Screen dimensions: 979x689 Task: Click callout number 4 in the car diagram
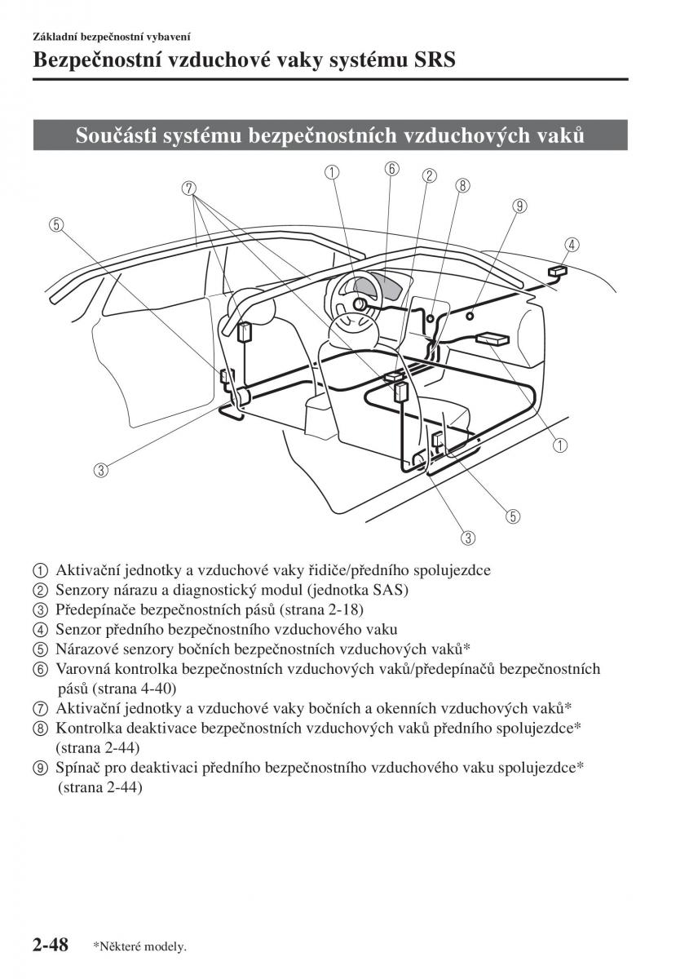tap(572, 244)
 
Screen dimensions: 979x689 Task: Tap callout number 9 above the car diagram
tap(519, 206)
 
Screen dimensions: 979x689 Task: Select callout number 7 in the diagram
tap(190, 188)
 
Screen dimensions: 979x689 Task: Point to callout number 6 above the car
tap(392, 169)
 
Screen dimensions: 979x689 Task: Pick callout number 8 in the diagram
tap(462, 185)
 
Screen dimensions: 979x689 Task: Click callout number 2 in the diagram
tap(429, 175)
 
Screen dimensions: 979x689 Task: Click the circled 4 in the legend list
tap(41, 630)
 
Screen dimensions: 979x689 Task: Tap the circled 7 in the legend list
tap(41, 708)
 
